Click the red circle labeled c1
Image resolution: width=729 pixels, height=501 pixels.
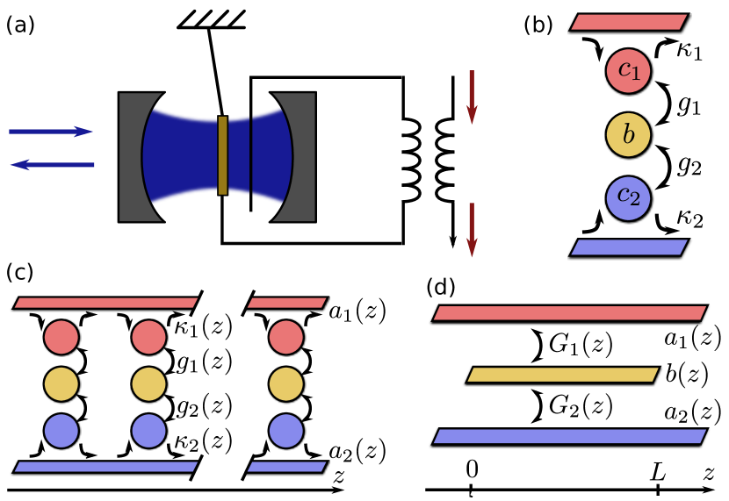[x=628, y=71]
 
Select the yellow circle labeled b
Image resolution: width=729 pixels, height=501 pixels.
[x=628, y=135]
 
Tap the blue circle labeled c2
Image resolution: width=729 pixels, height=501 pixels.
[x=628, y=197]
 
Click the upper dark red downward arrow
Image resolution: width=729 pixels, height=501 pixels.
[x=472, y=97]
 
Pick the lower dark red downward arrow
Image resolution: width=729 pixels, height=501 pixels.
[x=472, y=229]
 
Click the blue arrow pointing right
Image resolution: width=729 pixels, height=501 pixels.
[x=51, y=132]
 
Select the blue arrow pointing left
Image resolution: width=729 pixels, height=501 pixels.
[x=53, y=164]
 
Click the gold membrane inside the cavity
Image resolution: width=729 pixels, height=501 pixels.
[x=222, y=155]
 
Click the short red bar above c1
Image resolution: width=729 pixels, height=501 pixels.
[x=629, y=22]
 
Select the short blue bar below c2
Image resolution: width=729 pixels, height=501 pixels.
[x=629, y=247]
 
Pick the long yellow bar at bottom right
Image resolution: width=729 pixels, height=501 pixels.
[x=563, y=375]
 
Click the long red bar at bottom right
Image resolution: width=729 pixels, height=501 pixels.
[x=570, y=313]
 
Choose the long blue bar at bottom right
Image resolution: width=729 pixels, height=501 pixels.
[x=570, y=436]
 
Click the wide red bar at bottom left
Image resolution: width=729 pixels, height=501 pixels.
[x=106, y=303]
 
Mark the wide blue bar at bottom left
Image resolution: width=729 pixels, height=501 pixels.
[x=106, y=467]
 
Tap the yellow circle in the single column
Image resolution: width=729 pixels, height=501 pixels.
[x=286, y=384]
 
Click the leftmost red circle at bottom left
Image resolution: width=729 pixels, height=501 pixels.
[x=61, y=337]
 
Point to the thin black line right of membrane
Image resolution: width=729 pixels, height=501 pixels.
[x=251, y=155]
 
